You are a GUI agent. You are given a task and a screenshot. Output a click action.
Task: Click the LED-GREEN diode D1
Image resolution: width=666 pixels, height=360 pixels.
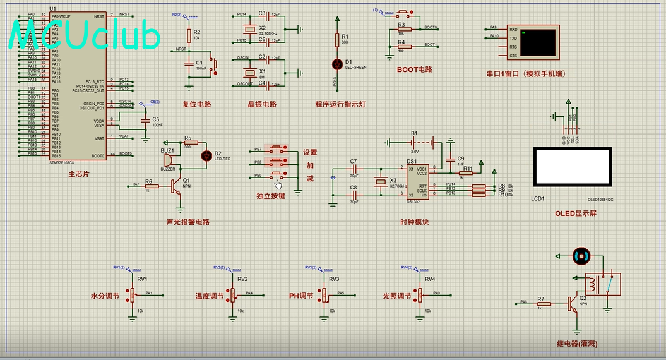tap(337, 64)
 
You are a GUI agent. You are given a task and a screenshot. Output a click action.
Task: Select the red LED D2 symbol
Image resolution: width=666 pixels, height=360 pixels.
tap(205, 155)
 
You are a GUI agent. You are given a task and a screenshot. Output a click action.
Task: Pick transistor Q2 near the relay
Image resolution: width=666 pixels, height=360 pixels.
tap(574, 304)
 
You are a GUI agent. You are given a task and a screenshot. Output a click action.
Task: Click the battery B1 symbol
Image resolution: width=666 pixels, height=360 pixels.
tap(414, 142)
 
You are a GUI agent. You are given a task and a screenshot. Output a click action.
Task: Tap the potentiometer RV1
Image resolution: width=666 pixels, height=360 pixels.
tap(132, 294)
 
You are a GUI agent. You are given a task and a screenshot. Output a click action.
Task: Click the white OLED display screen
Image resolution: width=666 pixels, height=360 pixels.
tap(572, 167)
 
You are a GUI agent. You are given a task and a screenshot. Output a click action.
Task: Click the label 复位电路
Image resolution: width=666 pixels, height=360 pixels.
tap(196, 105)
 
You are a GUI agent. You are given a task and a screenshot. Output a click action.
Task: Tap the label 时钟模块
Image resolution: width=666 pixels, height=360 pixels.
tap(414, 222)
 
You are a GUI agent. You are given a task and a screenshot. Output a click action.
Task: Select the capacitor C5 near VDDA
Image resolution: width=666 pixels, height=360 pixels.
tap(146, 119)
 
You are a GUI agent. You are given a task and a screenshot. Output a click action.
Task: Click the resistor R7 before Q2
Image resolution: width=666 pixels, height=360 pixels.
tap(544, 304)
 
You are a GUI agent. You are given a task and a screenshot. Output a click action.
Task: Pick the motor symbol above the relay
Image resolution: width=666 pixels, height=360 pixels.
tap(581, 256)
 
